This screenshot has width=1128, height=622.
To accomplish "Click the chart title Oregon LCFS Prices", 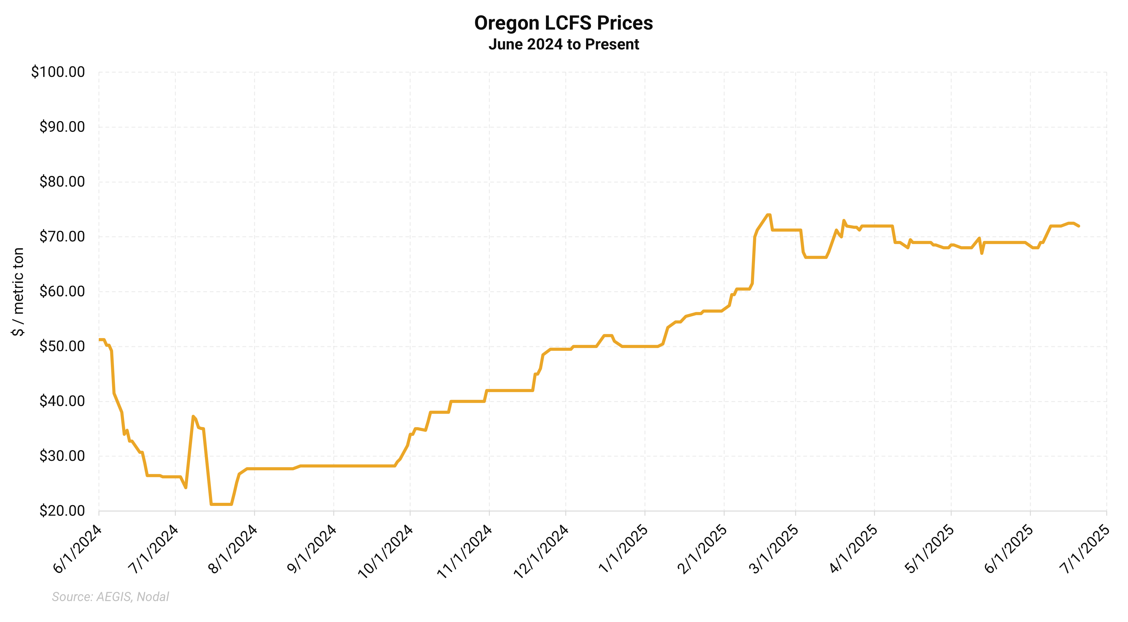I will point(564,23).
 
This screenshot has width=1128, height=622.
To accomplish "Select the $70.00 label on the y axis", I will point(62,237).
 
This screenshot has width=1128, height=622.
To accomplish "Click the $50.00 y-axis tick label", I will point(62,346).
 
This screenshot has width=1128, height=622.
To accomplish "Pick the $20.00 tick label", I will point(62,511).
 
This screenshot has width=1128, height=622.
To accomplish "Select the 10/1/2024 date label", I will point(386,552).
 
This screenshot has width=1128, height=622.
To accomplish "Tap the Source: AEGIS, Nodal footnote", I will point(110,597).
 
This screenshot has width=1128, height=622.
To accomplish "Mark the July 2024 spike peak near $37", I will point(193,416).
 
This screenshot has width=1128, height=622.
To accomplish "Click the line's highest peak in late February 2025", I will point(768,215).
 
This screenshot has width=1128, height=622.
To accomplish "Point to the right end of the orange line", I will point(1079,226).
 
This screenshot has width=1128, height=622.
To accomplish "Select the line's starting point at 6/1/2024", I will point(99,340).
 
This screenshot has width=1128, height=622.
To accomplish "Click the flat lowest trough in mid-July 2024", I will point(221,504).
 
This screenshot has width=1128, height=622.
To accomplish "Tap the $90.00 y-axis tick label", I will point(62,127).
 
